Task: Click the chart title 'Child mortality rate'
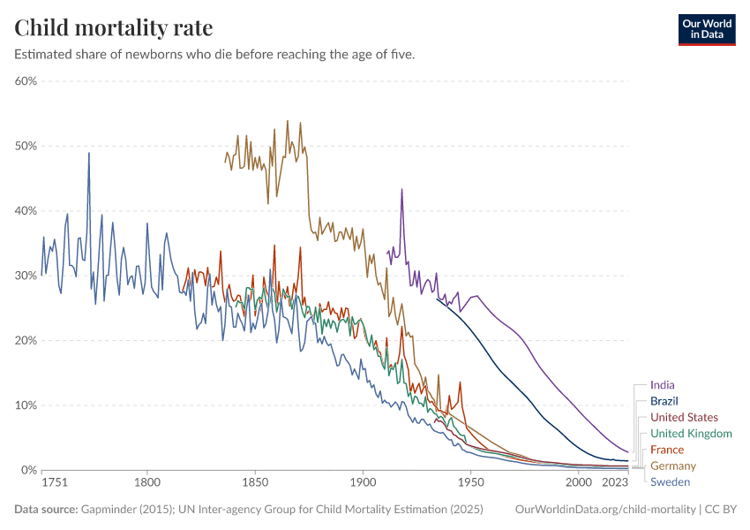(x=114, y=27)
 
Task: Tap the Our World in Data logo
(x=706, y=29)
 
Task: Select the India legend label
(x=663, y=385)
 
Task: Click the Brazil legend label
(x=664, y=401)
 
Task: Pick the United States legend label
(x=684, y=417)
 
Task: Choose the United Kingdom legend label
(x=691, y=434)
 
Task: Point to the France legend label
(x=667, y=450)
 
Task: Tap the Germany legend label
(x=673, y=466)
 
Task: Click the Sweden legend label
(x=670, y=481)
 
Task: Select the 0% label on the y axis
(x=28, y=470)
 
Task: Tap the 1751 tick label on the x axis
(x=54, y=483)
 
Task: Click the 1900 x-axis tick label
(x=362, y=483)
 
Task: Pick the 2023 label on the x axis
(x=616, y=483)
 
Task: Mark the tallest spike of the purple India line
(x=401, y=190)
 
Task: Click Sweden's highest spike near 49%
(x=88, y=155)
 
